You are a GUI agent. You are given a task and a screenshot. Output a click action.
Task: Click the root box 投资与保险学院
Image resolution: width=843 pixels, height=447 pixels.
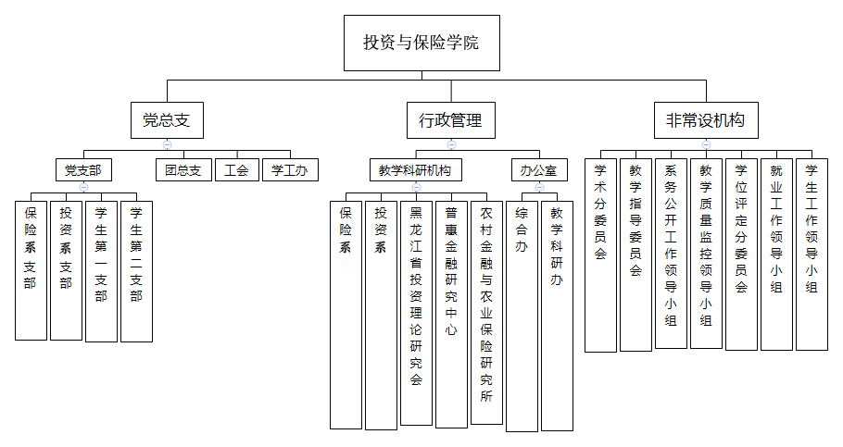[421, 43]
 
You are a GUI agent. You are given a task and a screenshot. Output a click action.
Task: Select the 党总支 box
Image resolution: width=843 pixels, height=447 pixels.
[167, 119]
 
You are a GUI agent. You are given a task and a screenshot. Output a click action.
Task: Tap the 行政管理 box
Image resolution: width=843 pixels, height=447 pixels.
[451, 119]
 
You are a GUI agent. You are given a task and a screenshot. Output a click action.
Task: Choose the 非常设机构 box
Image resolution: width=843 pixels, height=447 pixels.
[706, 119]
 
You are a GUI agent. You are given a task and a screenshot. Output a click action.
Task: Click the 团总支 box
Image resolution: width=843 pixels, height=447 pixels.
[182, 170]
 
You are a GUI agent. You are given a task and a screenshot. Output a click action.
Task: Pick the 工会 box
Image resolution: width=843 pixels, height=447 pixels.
[237, 170]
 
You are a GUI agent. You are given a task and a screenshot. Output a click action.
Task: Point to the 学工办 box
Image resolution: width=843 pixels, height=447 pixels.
[290, 170]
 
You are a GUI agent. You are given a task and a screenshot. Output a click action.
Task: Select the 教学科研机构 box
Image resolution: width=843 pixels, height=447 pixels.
[416, 170]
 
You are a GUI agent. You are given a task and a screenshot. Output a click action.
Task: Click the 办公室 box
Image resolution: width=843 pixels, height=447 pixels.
[538, 170]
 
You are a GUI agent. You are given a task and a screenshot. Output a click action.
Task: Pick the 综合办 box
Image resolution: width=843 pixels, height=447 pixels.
[522, 315]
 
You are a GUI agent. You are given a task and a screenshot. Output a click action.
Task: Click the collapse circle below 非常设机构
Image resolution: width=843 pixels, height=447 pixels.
[706, 144]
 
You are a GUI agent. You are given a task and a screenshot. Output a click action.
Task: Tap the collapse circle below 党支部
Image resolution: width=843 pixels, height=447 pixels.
[83, 187]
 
